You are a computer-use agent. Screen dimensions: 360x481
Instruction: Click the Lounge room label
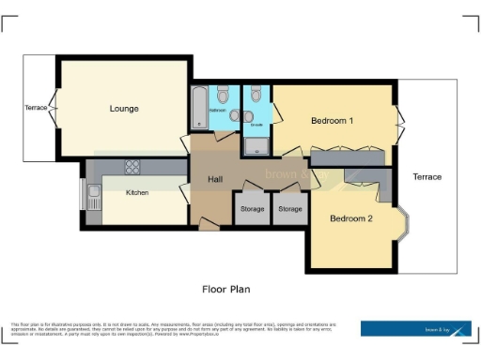pyautogui.click(x=124, y=109)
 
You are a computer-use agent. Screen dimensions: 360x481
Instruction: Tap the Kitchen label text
pyautogui.click(x=138, y=193)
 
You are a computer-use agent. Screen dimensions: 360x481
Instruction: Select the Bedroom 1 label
pyautogui.click(x=333, y=121)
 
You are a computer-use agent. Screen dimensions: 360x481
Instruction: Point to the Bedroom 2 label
pyautogui.click(x=351, y=218)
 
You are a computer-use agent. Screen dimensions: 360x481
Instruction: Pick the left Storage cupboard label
pyautogui.click(x=253, y=208)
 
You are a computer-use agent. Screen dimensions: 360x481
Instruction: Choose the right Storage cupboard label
pyautogui.click(x=290, y=208)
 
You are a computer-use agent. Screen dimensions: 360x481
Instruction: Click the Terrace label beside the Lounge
pyautogui.click(x=36, y=108)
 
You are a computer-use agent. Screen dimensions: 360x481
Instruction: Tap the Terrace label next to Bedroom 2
pyautogui.click(x=427, y=176)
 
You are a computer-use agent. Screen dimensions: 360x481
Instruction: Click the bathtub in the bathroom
pyautogui.click(x=198, y=107)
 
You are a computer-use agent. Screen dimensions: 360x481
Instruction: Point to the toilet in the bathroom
pyautogui.click(x=223, y=96)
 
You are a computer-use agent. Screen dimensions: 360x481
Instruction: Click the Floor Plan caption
pyautogui.click(x=226, y=289)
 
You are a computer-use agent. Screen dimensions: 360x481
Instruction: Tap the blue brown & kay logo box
pyautogui.click(x=416, y=329)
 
